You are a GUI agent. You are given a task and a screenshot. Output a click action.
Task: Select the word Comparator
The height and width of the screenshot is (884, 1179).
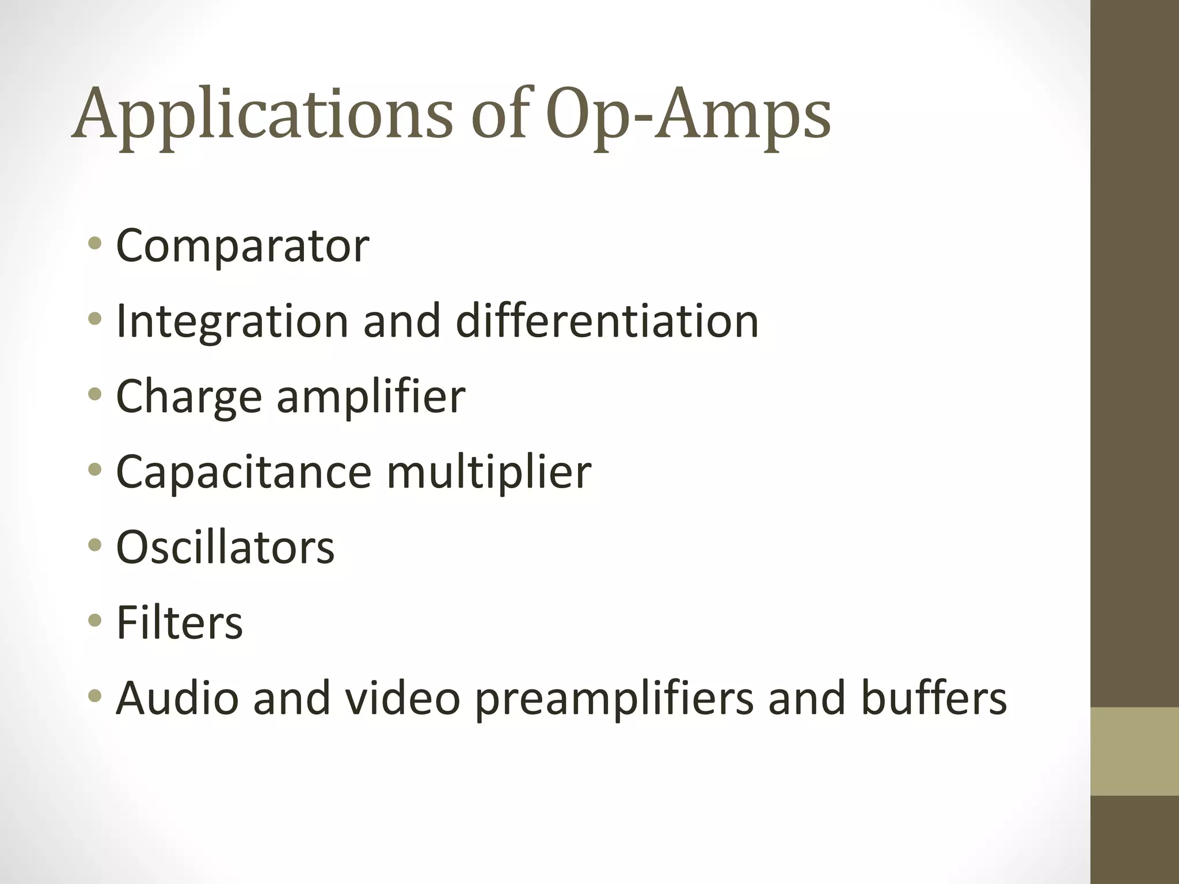click(x=242, y=246)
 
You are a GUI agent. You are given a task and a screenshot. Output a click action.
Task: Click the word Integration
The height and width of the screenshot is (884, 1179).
click(x=232, y=321)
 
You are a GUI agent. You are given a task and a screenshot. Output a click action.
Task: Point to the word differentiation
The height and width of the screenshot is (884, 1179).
click(x=607, y=321)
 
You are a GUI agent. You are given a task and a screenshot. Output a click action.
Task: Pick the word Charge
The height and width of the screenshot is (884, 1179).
click(x=189, y=397)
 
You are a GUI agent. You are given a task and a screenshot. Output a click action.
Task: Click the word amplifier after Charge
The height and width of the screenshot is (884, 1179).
click(x=371, y=397)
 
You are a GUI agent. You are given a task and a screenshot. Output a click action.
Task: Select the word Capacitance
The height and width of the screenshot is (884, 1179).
click(x=244, y=472)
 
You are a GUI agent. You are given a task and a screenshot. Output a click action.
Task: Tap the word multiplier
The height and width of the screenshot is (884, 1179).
click(x=489, y=472)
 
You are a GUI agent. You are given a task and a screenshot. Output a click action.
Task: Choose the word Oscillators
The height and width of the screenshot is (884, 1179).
click(x=225, y=547)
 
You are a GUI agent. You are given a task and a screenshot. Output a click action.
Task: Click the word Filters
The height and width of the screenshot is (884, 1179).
click(x=180, y=623)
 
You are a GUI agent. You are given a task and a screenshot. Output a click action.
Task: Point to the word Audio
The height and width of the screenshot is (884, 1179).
click(x=177, y=698)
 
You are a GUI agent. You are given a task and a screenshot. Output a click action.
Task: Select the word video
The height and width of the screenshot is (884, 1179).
click(x=402, y=698)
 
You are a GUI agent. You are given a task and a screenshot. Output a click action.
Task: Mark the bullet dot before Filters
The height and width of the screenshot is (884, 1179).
click(x=95, y=620)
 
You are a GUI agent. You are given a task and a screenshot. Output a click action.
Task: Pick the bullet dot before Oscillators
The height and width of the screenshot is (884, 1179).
click(x=95, y=545)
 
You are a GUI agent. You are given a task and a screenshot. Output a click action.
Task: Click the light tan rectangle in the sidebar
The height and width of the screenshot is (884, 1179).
click(x=1134, y=751)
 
